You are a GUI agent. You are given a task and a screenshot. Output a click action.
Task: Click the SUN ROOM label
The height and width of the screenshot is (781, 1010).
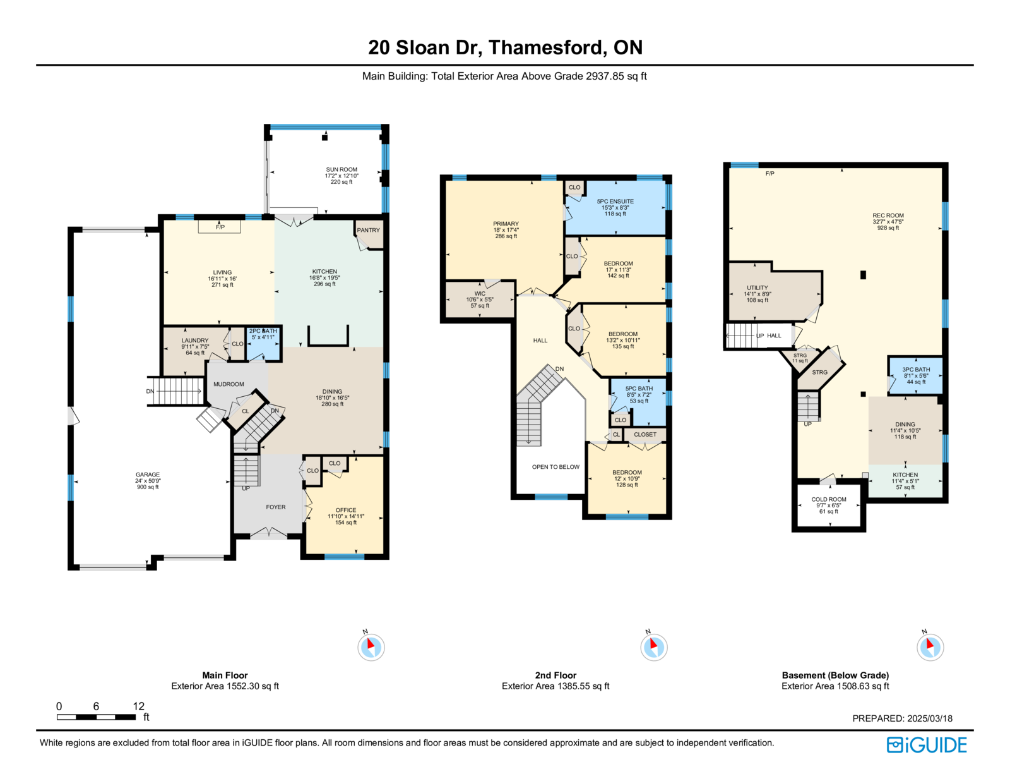coord(341,170)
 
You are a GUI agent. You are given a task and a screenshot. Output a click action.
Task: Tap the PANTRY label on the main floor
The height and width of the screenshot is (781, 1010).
coord(368,230)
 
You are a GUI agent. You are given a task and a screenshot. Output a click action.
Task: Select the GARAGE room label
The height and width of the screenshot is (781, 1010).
coord(147,475)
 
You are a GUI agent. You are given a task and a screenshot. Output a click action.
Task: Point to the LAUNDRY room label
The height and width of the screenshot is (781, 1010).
coord(195,341)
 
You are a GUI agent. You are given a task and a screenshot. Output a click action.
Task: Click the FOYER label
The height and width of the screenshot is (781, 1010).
coord(276,507)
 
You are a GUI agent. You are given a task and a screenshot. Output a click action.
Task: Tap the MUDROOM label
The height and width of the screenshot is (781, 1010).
coord(229,384)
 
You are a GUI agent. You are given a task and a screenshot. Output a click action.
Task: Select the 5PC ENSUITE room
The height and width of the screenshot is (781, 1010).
coord(615,208)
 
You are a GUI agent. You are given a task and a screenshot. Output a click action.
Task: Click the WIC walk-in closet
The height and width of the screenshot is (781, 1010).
coord(480,300)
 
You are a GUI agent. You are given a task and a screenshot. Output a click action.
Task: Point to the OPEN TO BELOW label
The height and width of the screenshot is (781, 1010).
coord(555,467)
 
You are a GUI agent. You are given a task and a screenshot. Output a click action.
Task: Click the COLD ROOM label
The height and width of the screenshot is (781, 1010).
coord(829,499)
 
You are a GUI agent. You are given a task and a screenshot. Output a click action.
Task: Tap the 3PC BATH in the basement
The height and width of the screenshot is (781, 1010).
coord(916,375)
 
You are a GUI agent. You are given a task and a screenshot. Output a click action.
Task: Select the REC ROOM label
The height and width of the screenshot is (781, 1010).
coord(888,215)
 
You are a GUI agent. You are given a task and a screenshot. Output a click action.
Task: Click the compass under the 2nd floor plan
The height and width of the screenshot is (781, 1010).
coord(653,646)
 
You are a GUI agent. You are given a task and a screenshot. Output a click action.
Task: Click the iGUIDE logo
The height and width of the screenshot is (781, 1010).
coord(926,745)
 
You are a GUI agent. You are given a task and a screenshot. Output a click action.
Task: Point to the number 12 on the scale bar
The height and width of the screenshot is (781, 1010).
coord(138,706)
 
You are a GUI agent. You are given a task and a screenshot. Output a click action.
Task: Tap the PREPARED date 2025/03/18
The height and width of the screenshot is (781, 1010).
coord(930,718)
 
